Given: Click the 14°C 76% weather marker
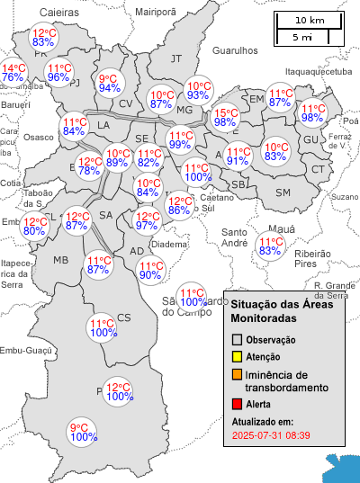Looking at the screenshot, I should tap(13, 73).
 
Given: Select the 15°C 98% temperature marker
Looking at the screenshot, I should tap(225, 118).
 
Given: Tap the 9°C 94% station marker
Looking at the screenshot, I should tap(110, 83).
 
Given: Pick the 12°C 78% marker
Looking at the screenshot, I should tap(89, 165).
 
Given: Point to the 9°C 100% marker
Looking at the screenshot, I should tap(84, 433).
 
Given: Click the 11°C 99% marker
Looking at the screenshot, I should tap(179, 139).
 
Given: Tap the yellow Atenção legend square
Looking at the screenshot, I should tap(238, 357).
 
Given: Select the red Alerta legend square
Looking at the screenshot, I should tap(238, 404).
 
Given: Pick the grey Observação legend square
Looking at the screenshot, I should tap(238, 340).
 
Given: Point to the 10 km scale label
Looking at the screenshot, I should tap(310, 20).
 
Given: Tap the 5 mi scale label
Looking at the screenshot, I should tap(302, 37).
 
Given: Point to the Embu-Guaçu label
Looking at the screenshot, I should tap(22, 351).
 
